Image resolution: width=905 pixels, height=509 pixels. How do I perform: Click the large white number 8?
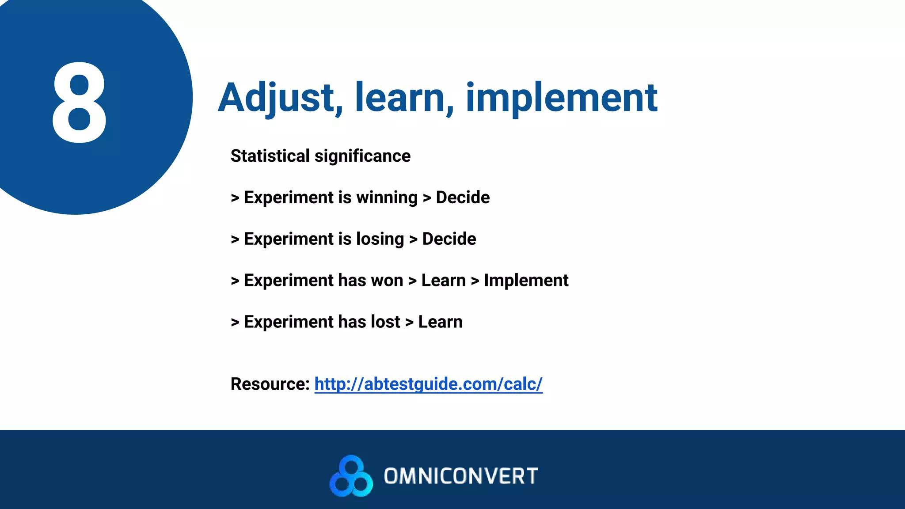point(80,103)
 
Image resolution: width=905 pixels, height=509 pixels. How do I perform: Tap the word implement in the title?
point(561,98)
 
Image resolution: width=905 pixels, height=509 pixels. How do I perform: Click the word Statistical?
point(270,156)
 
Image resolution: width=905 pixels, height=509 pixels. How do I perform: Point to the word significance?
point(362,156)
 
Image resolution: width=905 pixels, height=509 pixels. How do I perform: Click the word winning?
point(387,198)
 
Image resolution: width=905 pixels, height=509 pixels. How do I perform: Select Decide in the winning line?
point(463,198)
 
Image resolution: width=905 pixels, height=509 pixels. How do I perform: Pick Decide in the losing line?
point(449,239)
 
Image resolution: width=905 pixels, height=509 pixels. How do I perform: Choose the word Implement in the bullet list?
point(526,281)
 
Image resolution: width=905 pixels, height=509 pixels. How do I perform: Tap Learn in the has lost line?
point(440,322)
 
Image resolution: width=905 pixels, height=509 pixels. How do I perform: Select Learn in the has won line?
point(443,281)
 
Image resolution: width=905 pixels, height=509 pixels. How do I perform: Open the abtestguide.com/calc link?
point(428,384)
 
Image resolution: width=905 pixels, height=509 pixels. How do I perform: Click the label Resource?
point(270,384)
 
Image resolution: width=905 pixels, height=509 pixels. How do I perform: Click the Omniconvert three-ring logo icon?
point(351,476)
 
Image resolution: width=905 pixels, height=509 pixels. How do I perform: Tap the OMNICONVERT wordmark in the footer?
point(461,476)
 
